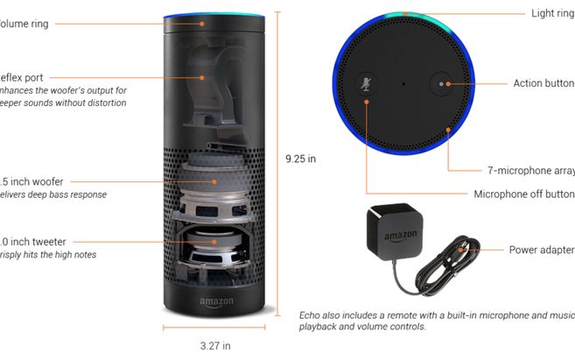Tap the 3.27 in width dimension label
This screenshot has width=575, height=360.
214,346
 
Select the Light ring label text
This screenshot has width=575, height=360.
552,13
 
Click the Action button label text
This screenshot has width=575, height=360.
543,84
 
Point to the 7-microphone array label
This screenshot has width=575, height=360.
530,171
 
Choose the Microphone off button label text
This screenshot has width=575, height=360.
523,194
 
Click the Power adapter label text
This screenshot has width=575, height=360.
542,250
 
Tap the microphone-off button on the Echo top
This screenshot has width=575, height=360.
364,84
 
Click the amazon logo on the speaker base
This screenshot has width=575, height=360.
215,302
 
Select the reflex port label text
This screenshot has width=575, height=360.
22,78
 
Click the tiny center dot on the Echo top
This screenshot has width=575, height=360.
403,84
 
